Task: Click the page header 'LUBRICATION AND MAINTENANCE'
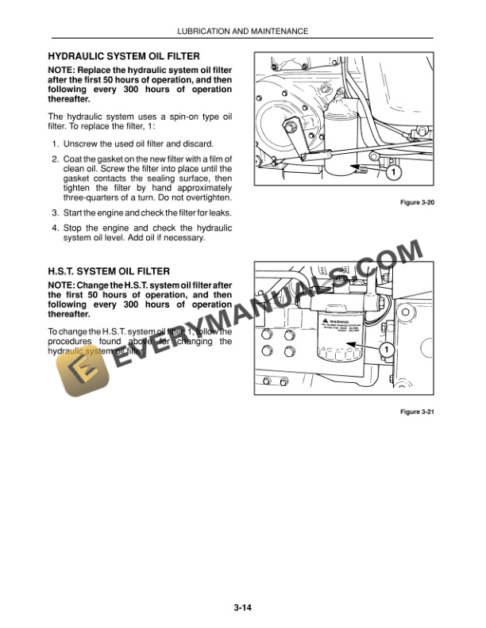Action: point(242,31)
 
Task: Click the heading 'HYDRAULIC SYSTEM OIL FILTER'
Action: point(124,56)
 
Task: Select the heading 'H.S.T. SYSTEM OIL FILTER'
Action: point(109,271)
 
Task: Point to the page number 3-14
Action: point(243,608)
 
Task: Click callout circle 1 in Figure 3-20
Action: point(393,171)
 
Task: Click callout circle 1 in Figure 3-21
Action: point(385,350)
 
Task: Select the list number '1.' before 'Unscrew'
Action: point(56,144)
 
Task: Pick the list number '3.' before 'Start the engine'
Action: point(56,213)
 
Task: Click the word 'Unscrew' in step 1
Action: point(81,144)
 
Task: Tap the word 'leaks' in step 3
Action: point(216,213)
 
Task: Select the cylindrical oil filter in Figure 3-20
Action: point(341,143)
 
